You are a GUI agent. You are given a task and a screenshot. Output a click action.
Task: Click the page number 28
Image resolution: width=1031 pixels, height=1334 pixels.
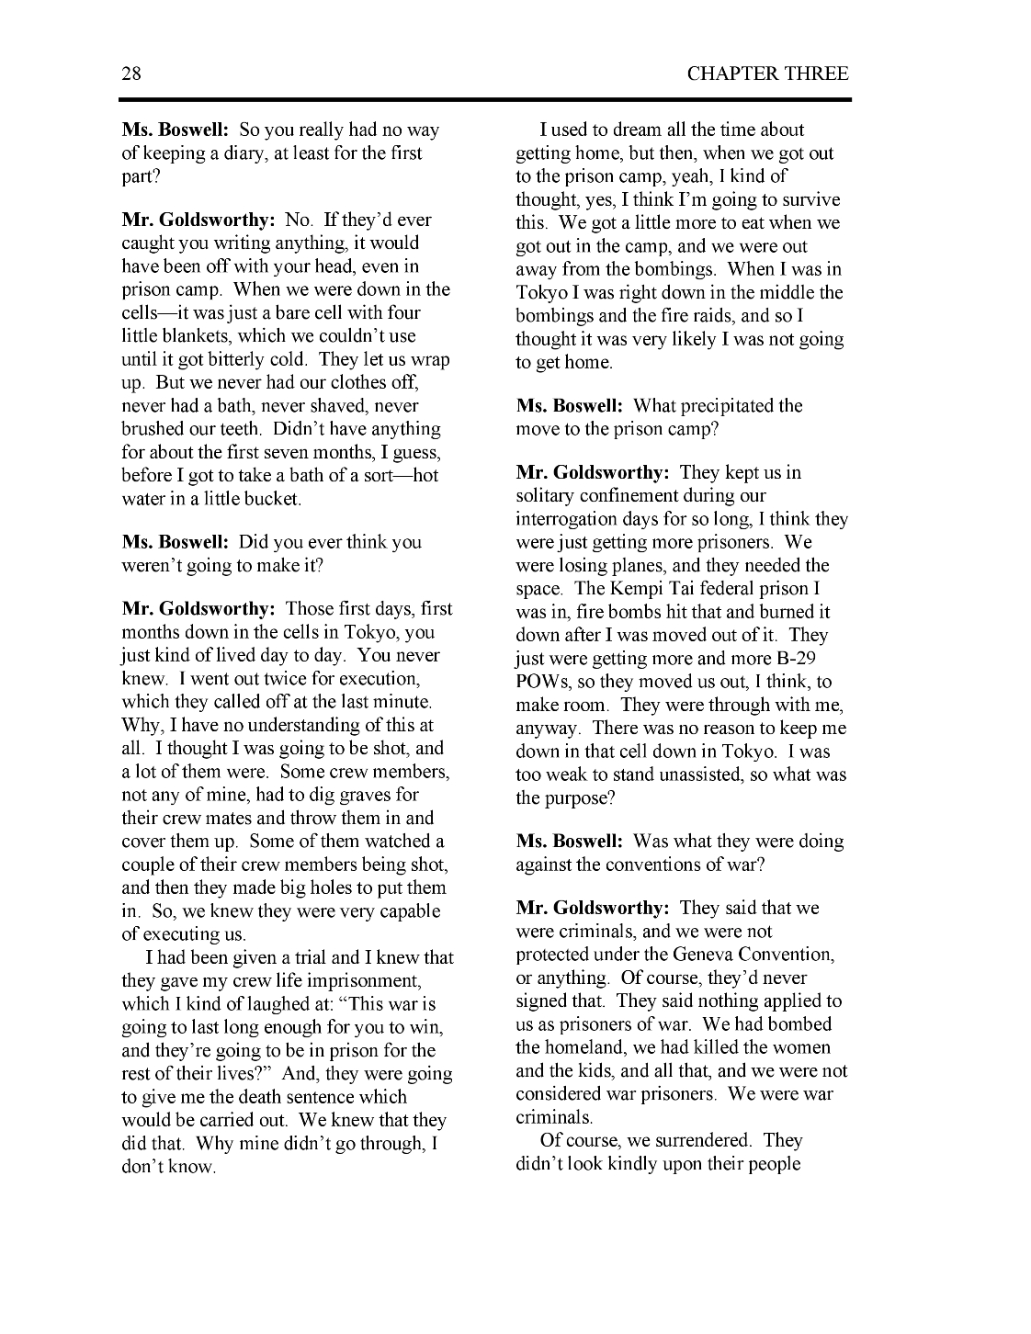pos(131,73)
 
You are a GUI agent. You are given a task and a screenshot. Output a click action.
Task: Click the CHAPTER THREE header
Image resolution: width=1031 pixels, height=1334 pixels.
pos(767,73)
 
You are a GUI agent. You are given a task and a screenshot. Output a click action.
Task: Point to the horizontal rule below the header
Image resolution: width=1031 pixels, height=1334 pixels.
pos(487,99)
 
